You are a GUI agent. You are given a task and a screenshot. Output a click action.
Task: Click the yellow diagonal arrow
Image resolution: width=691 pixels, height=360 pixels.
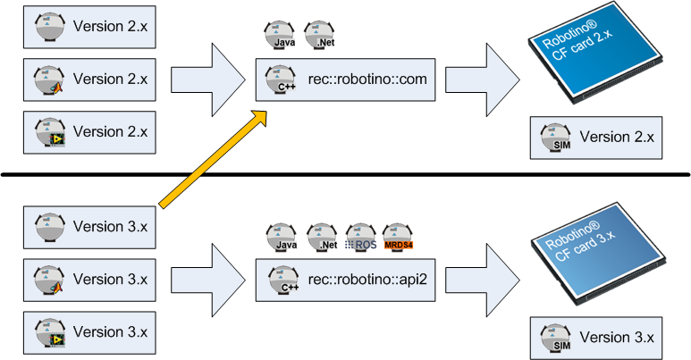pyautogui.click(x=213, y=158)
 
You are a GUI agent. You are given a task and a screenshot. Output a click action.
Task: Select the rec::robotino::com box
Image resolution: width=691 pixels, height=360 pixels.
pyautogui.click(x=345, y=80)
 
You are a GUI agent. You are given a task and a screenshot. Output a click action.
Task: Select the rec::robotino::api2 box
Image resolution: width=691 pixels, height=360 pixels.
pyautogui.click(x=345, y=280)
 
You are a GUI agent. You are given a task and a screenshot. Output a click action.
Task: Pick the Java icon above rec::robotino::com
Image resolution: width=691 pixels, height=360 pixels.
pyautogui.click(x=279, y=36)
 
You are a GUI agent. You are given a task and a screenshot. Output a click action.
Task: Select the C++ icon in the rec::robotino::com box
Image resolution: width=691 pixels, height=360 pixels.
pyautogui.click(x=278, y=80)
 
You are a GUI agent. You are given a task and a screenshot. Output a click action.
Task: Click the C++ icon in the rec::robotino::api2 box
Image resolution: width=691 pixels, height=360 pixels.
pyautogui.click(x=278, y=280)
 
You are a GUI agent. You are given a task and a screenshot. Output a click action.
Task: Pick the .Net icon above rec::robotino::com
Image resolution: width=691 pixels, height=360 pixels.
pyautogui.click(x=319, y=36)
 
